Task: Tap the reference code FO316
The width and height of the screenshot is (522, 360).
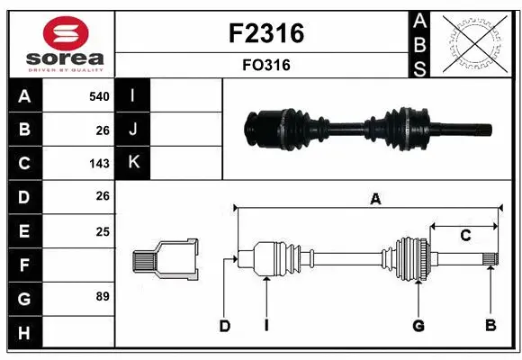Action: tap(263, 66)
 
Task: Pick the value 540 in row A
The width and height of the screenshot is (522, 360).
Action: tap(99, 96)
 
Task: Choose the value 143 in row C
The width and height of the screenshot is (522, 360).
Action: tap(99, 164)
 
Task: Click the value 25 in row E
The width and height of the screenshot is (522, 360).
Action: tap(102, 231)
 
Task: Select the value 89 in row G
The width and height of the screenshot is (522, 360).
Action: tap(102, 296)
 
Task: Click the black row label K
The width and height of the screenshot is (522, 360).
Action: tap(134, 163)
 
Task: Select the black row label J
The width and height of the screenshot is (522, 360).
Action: tap(134, 130)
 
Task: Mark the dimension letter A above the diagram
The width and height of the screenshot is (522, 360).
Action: tap(375, 200)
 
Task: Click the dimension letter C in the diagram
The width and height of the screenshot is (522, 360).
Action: tap(465, 236)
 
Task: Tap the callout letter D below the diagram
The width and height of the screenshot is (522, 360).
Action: tap(226, 325)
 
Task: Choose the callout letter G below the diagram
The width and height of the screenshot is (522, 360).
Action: tap(418, 325)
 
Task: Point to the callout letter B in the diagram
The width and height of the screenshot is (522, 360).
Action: tap(490, 325)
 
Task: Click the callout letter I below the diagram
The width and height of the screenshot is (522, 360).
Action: tap(266, 325)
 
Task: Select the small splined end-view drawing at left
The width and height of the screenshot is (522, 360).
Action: tap(165, 258)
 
